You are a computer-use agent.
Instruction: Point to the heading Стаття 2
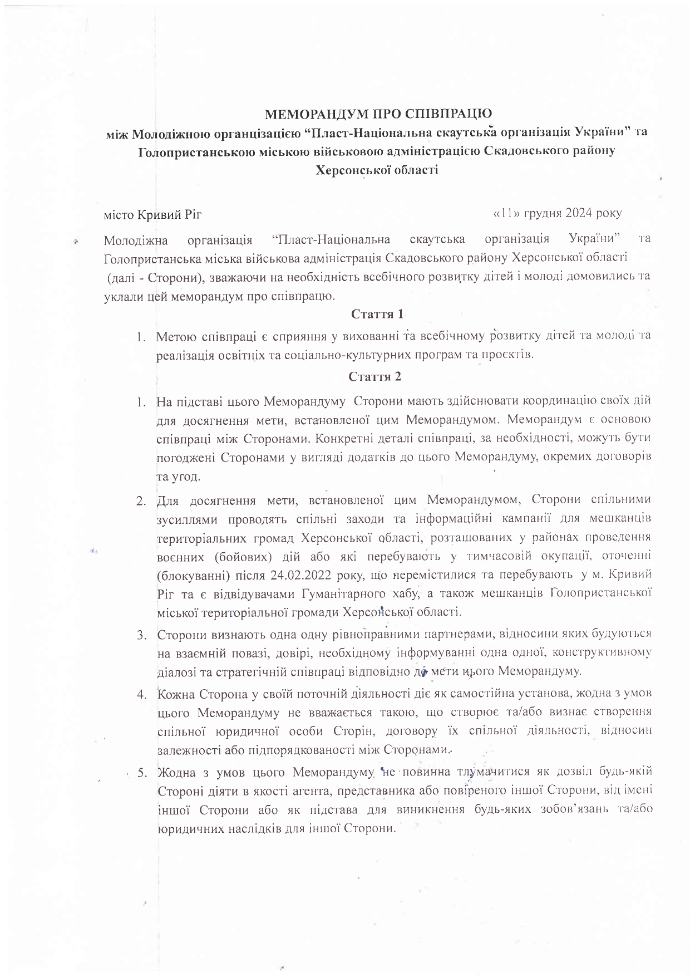(374, 377)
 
